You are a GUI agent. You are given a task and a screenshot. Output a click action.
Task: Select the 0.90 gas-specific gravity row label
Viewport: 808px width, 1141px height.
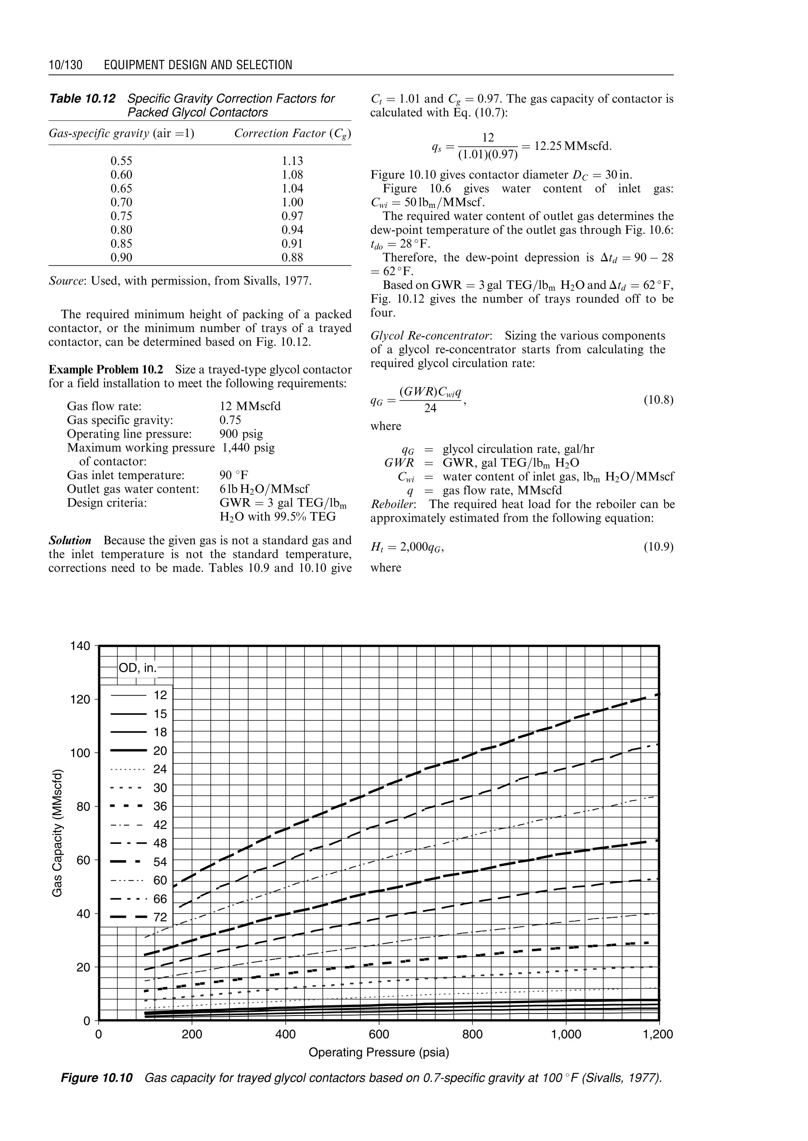[x=122, y=257]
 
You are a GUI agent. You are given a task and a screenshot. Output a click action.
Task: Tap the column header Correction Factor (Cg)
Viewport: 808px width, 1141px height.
[x=293, y=133]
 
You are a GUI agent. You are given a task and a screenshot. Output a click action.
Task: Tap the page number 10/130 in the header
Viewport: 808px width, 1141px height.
[x=65, y=65]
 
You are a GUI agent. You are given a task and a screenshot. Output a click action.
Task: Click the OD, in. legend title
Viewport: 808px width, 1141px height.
[x=137, y=667]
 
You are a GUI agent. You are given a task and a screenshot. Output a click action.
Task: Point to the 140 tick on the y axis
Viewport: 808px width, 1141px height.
[x=80, y=646]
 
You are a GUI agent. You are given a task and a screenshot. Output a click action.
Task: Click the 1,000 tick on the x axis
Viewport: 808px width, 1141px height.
[x=566, y=1034]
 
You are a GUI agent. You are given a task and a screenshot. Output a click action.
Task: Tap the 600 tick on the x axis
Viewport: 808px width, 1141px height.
[x=379, y=1034]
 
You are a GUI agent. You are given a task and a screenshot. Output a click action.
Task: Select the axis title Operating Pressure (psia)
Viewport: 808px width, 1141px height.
[x=379, y=1053]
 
